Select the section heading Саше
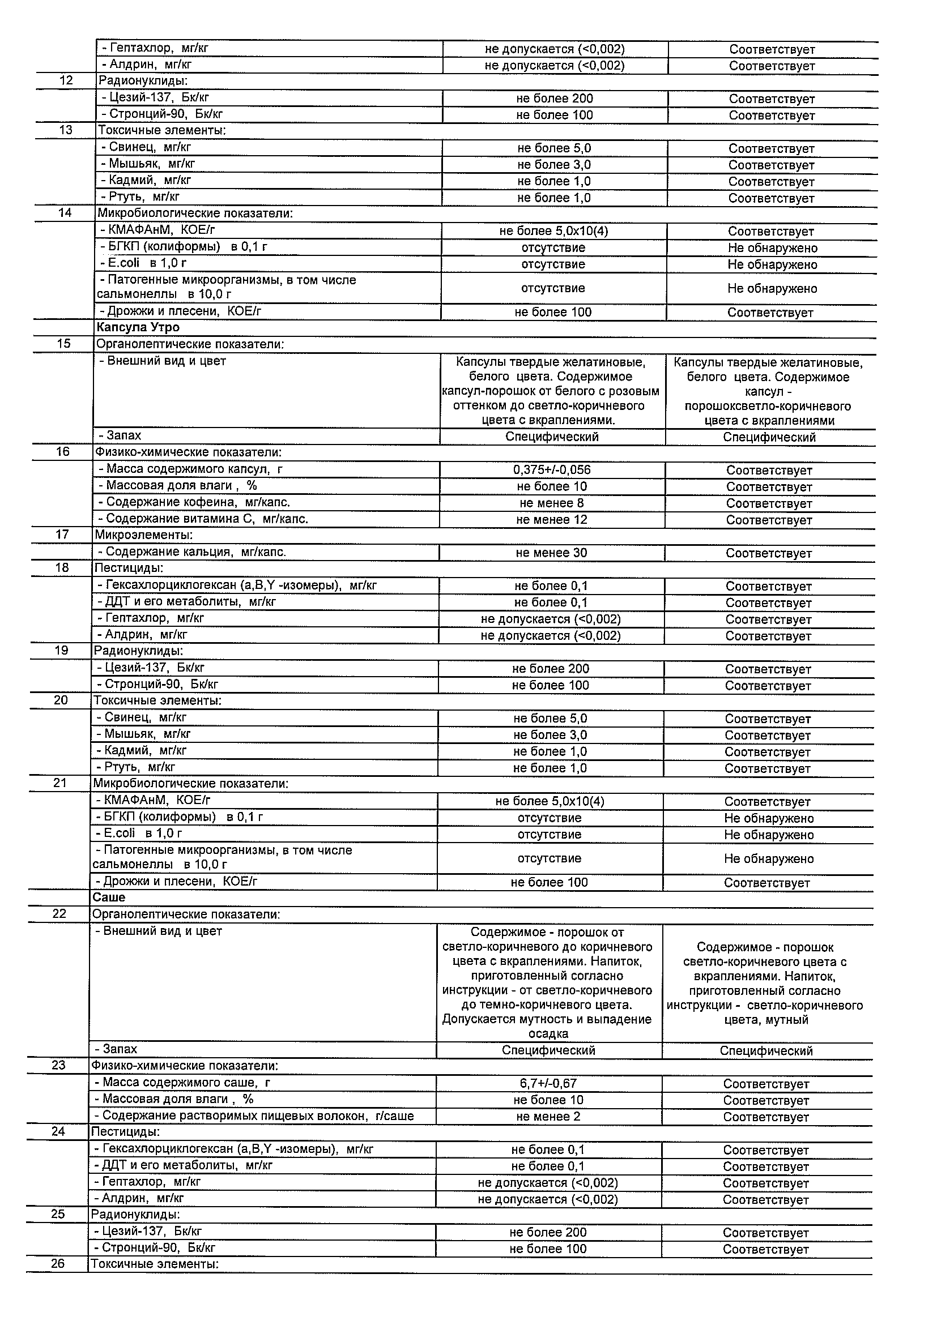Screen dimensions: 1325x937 point(109,897)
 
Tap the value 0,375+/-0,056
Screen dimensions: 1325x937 point(551,470)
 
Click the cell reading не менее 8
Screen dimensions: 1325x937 point(551,503)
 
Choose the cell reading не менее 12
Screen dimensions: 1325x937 point(551,519)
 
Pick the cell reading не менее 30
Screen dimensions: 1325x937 point(551,553)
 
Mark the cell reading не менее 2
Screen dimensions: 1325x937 point(548,1117)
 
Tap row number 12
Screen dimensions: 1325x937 point(66,80)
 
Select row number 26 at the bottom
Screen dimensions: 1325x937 point(58,1264)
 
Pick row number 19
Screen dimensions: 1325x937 point(61,651)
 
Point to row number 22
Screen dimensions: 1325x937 point(59,914)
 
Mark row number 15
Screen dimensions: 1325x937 point(63,344)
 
